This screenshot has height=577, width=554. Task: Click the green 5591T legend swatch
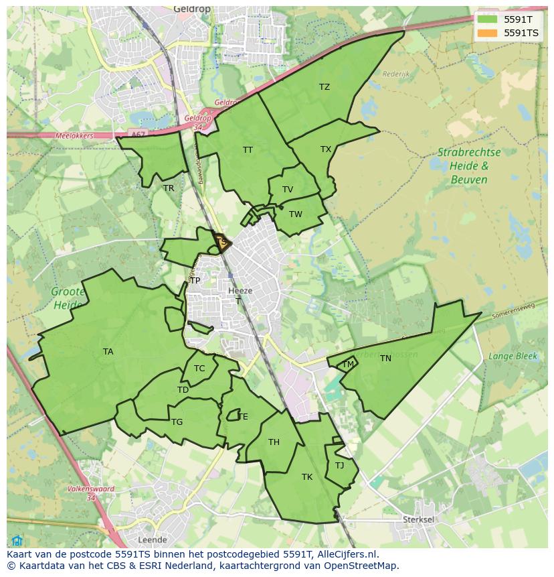tap(487, 19)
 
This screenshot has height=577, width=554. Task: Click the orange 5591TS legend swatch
tap(487, 33)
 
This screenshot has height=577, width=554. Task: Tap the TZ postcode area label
tap(325, 87)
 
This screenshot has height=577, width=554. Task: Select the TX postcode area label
tap(326, 149)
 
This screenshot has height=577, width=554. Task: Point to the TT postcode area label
tap(248, 150)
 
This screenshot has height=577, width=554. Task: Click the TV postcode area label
tap(288, 190)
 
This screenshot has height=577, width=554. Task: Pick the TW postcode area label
tap(296, 214)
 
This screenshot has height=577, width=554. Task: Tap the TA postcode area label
tap(108, 352)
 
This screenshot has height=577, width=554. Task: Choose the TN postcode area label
tap(385, 359)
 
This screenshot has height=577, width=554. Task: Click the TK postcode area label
tap(307, 477)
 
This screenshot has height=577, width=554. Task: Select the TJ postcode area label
tap(339, 466)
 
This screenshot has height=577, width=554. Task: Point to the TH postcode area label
tap(274, 442)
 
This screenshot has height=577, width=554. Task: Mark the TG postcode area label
tap(177, 422)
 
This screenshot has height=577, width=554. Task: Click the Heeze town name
tap(240, 291)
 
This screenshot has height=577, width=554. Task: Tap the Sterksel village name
tap(419, 519)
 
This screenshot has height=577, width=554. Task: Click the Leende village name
tap(152, 539)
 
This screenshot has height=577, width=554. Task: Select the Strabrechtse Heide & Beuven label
tap(468, 166)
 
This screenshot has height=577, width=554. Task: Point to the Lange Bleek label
tap(513, 357)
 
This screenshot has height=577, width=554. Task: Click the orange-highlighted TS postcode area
tap(222, 242)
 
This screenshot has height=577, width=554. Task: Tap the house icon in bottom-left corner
tap(17, 541)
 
